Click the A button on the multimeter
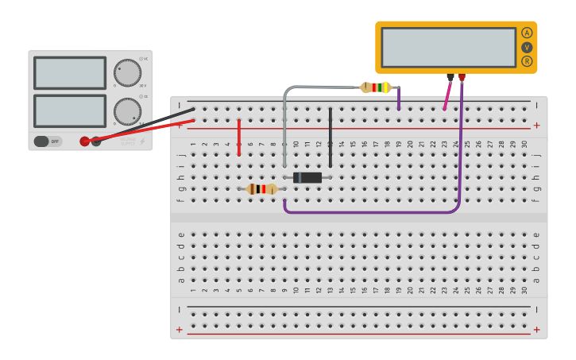tap(527, 33)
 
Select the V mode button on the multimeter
tap(527, 47)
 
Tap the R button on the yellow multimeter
tap(527, 61)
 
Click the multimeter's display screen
tap(448, 47)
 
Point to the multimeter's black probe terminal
tap(450, 77)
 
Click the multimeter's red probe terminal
tap(462, 77)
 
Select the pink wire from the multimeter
tap(446, 95)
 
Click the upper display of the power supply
tap(70, 73)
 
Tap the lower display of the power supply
tap(70, 110)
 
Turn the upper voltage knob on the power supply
tap(127, 72)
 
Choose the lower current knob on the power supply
tap(127, 110)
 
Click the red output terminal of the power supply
tap(85, 141)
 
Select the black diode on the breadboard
tap(307, 177)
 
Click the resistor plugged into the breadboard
tap(261, 189)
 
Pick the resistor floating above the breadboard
tap(377, 87)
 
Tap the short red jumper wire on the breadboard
tap(239, 137)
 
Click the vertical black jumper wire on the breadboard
tap(331, 137)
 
